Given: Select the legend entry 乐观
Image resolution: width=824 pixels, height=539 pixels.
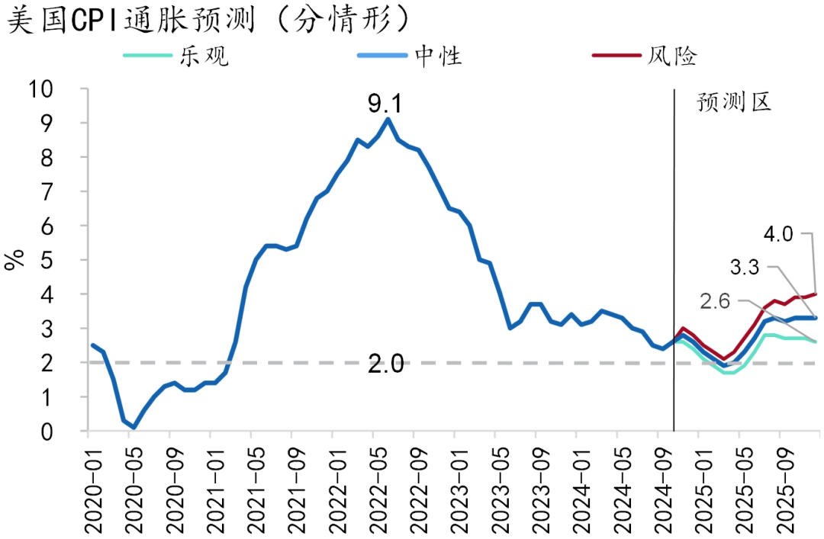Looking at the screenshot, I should click(x=203, y=55).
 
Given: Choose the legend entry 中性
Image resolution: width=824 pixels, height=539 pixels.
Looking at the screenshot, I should click(x=437, y=55).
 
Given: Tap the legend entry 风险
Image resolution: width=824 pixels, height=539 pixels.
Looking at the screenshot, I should click(x=671, y=55).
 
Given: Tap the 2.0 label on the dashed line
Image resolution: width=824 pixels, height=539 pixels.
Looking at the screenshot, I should click(x=386, y=364).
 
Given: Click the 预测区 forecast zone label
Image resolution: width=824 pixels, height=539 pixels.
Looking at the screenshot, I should click(x=734, y=102).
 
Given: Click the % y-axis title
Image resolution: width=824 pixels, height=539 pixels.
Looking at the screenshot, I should click(x=15, y=259).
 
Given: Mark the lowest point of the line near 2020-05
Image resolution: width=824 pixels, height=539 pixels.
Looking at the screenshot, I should click(x=134, y=428).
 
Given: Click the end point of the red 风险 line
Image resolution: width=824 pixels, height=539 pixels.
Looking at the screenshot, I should click(x=816, y=294).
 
